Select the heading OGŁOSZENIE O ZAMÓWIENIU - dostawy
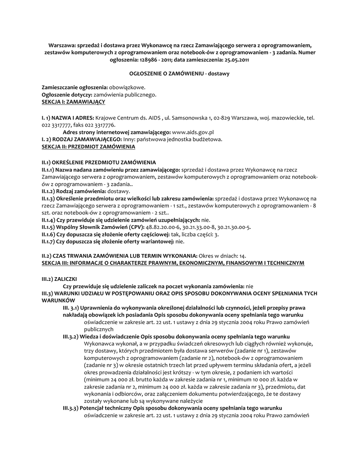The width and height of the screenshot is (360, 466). tap(180, 73)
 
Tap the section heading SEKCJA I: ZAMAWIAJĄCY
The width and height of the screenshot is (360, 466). tap(73, 101)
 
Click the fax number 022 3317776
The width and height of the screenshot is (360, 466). tap(101, 125)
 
